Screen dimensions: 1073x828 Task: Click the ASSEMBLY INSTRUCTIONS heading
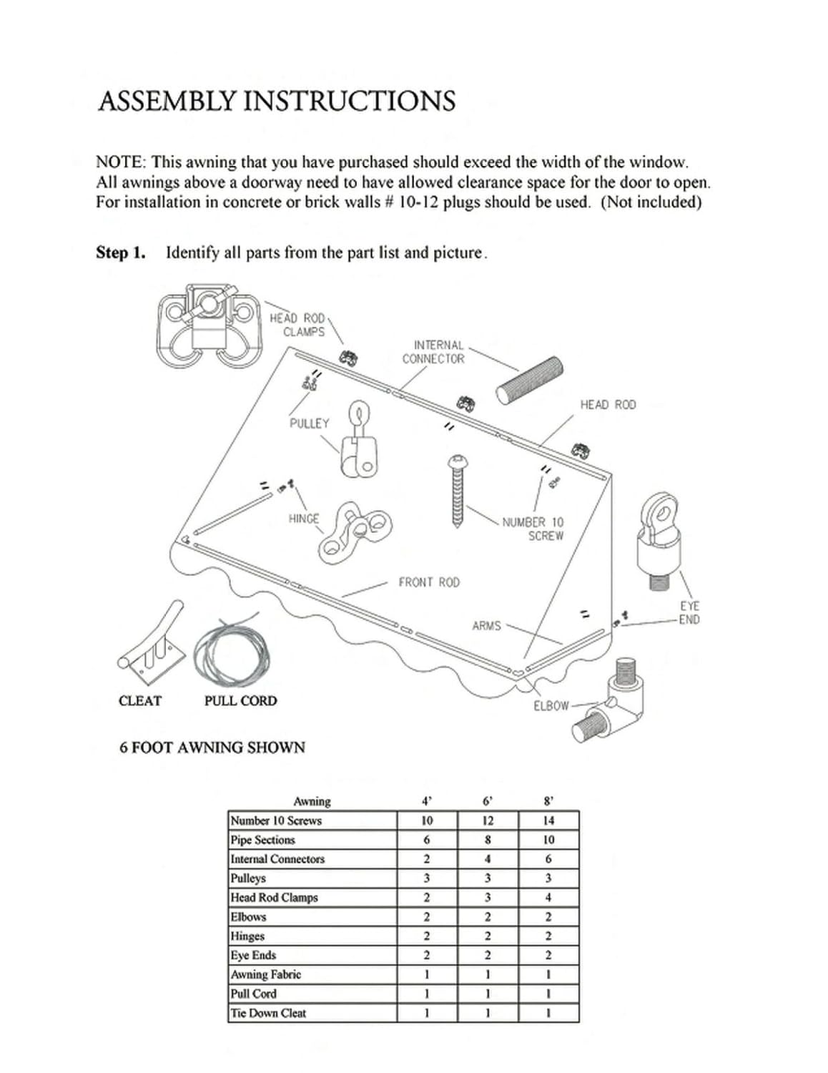(277, 101)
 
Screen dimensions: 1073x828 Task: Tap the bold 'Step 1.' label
(120, 253)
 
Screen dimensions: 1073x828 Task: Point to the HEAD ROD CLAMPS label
(297, 325)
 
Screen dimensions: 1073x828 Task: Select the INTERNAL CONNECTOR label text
(433, 352)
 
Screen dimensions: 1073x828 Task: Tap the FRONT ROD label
(429, 582)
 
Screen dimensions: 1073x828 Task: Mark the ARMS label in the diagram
(486, 626)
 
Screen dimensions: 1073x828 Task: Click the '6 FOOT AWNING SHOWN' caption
(212, 748)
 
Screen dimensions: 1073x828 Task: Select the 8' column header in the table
(548, 801)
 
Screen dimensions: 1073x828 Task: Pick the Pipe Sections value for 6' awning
(488, 840)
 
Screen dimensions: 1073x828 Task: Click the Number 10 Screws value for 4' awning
(427, 820)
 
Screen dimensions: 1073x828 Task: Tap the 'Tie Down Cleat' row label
(268, 1013)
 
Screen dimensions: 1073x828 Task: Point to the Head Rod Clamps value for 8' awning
(548, 897)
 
